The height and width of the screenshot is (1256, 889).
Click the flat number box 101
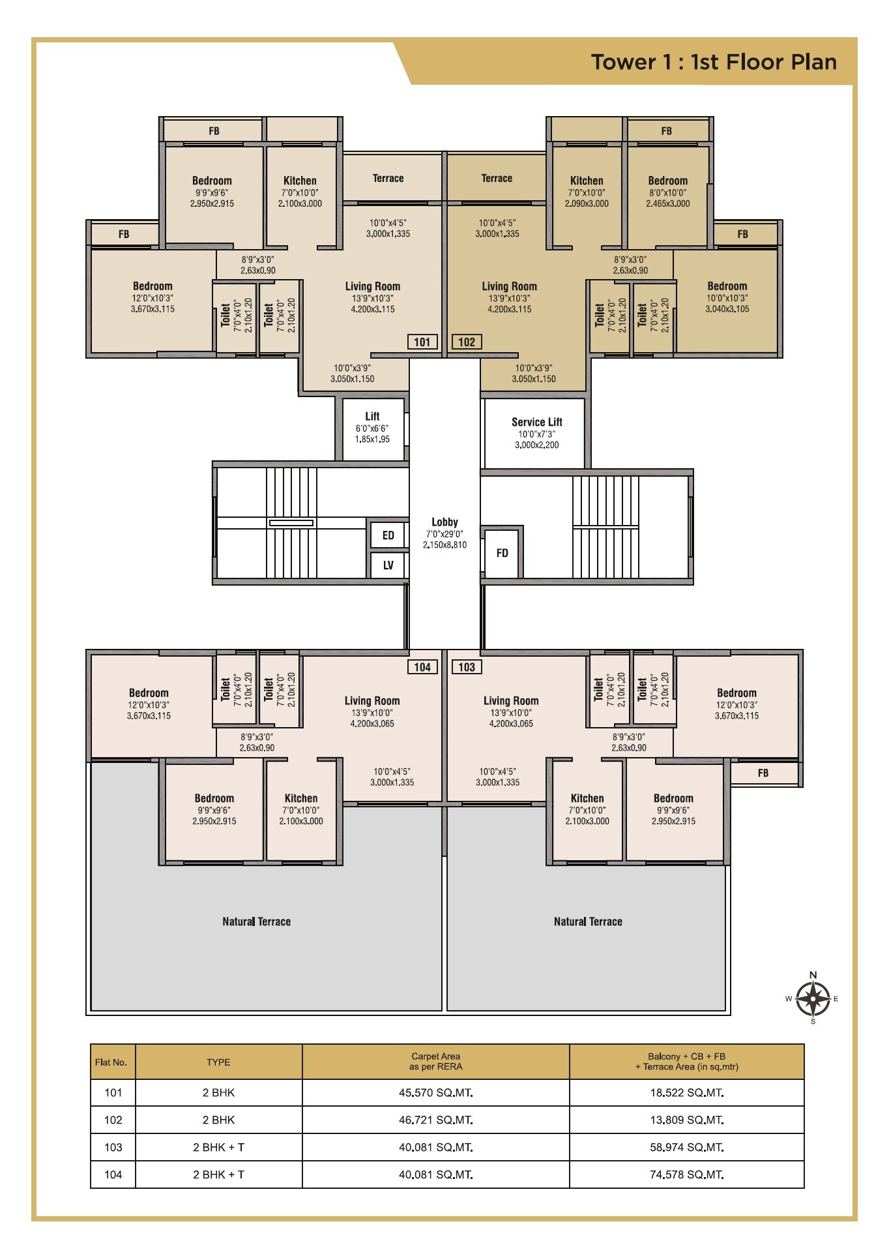(x=422, y=342)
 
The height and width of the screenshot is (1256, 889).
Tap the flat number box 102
(x=467, y=342)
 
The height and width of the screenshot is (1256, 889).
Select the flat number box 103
(x=467, y=667)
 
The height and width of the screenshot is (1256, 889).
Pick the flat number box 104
(x=422, y=667)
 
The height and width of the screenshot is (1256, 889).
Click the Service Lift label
(x=536, y=422)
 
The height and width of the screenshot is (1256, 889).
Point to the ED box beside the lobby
(x=388, y=535)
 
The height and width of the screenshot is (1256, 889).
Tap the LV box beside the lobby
(x=388, y=565)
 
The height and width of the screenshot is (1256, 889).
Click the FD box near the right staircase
(x=502, y=553)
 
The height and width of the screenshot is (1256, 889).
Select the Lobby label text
(x=444, y=522)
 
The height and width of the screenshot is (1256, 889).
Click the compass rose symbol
(x=813, y=998)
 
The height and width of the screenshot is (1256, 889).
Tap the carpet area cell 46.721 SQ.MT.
(x=435, y=1120)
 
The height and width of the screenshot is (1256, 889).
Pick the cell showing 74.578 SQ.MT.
(x=686, y=1174)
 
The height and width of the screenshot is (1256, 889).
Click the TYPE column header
(x=218, y=1062)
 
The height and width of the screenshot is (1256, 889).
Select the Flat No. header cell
(x=111, y=1062)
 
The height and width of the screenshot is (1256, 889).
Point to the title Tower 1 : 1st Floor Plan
(x=714, y=63)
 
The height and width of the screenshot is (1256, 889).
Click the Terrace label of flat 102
(x=497, y=179)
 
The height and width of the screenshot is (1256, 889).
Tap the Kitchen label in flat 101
(x=300, y=181)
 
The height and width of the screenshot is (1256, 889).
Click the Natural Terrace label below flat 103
(x=588, y=921)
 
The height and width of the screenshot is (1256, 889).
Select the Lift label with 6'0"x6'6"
(x=372, y=417)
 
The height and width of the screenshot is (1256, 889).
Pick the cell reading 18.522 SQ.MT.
(x=686, y=1092)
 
